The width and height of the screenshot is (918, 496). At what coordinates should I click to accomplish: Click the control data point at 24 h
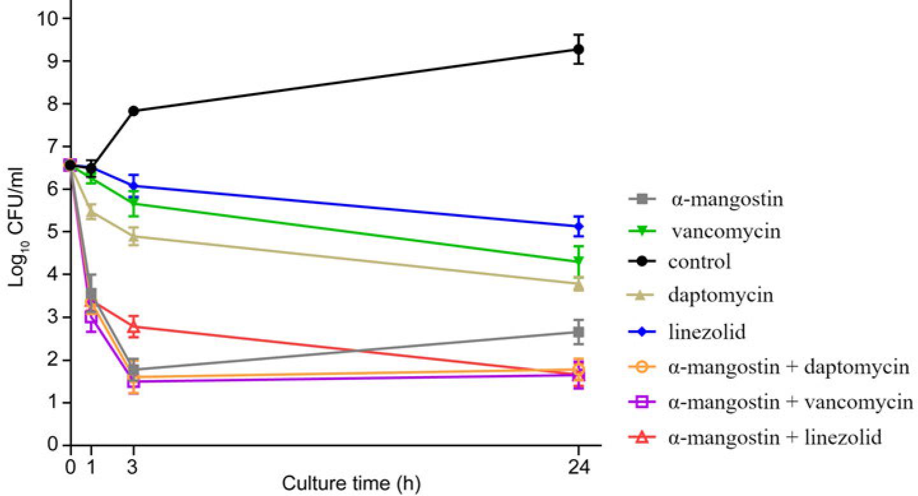[x=578, y=49]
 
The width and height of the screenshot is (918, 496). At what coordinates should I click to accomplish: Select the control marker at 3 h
[x=134, y=111]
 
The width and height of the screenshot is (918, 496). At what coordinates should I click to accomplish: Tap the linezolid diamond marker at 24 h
[x=578, y=226]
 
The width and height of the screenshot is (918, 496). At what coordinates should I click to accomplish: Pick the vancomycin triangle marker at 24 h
[x=578, y=261]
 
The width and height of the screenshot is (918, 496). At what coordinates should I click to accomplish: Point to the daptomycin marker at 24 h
[x=578, y=285]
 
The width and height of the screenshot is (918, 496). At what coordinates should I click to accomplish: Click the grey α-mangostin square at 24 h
[x=578, y=332]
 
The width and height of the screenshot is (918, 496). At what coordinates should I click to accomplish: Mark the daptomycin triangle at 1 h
[x=91, y=212]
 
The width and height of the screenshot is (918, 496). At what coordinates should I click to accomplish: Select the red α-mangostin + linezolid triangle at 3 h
[x=134, y=328]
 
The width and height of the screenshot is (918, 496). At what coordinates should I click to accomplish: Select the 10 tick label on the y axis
[x=48, y=18]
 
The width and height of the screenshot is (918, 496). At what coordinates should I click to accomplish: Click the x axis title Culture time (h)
[x=351, y=483]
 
